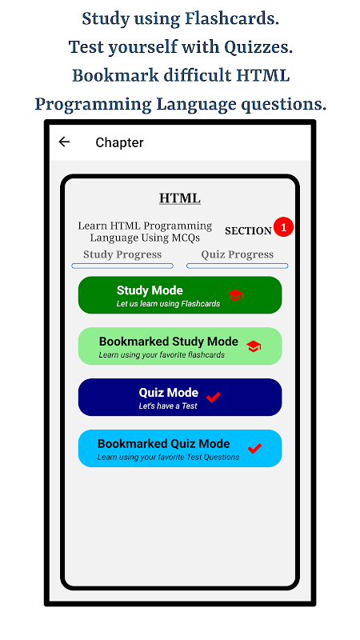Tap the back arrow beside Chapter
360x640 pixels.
tap(64, 142)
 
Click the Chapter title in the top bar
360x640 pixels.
tap(119, 142)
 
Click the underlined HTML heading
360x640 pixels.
tap(179, 198)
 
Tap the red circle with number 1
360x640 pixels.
tap(284, 227)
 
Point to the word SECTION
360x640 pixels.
tap(248, 231)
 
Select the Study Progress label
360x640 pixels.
tap(122, 254)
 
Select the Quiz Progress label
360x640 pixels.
tap(237, 254)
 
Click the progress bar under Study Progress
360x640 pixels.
tap(122, 266)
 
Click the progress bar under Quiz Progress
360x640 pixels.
tap(237, 266)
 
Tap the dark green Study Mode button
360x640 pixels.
tap(180, 295)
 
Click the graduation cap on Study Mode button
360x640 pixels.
tap(235, 295)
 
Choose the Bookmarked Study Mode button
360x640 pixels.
tap(180, 346)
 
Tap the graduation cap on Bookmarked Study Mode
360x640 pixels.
tap(254, 347)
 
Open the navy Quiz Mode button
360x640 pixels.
tap(180, 397)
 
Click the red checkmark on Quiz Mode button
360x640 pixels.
tap(213, 397)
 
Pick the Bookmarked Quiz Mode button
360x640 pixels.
tap(180, 448)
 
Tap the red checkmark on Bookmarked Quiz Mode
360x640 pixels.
tap(254, 448)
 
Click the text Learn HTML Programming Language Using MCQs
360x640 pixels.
tap(145, 231)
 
